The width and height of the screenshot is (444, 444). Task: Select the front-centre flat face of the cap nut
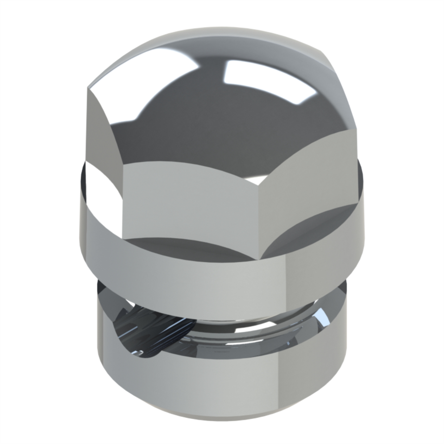pos(191,203)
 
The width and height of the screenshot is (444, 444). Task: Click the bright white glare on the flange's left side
pos(100,194)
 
